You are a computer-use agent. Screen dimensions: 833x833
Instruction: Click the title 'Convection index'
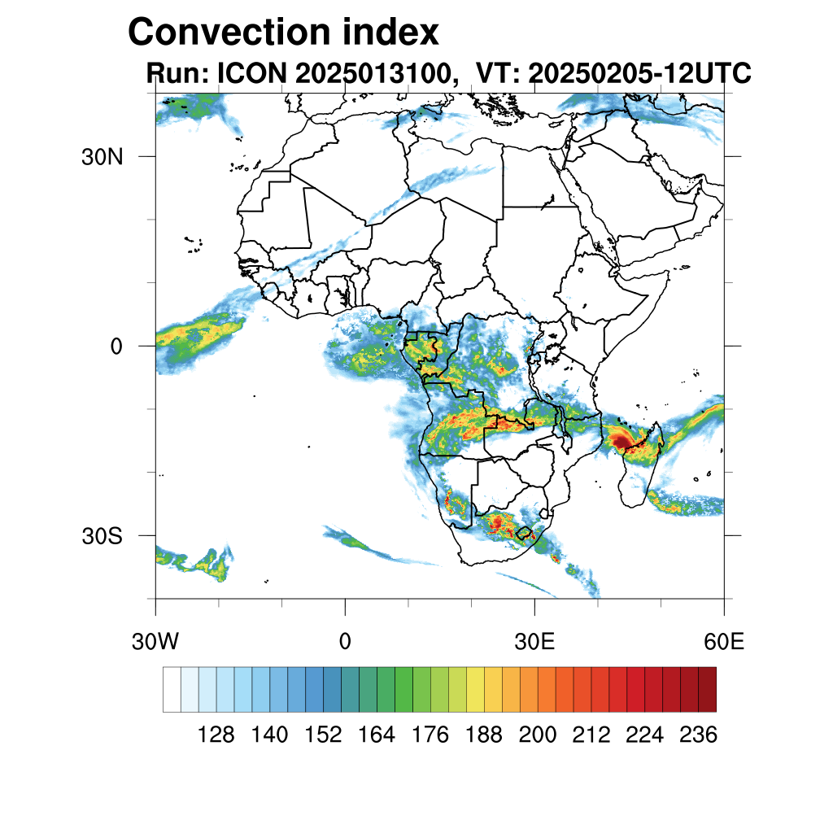tap(284, 33)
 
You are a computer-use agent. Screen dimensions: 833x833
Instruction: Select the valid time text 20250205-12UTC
tap(639, 74)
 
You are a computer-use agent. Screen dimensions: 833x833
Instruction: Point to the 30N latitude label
tap(102, 157)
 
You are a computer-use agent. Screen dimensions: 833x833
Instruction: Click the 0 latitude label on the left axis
tap(116, 347)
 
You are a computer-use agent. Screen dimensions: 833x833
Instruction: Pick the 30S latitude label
tap(102, 536)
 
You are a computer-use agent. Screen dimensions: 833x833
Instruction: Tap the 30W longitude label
tap(155, 641)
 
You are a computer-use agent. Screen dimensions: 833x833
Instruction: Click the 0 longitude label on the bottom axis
tap(345, 641)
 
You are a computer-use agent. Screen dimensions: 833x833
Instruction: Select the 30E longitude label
tap(534, 641)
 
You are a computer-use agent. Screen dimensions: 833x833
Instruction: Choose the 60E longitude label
tap(724, 641)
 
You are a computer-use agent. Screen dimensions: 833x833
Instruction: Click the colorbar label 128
tap(216, 735)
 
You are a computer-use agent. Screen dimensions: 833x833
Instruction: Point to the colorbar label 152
tap(323, 735)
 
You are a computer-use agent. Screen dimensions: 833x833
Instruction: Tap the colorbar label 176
tap(430, 735)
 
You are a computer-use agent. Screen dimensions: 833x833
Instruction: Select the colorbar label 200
tap(538, 735)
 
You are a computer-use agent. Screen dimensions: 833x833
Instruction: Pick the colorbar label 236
tap(697, 735)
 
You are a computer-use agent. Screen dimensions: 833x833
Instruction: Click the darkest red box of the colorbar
tap(707, 689)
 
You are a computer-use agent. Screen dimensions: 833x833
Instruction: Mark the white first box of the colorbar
tap(172, 689)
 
